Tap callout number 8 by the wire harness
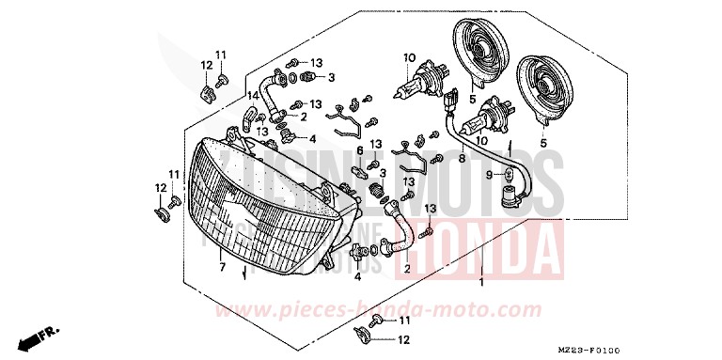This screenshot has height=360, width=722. coord(462,159)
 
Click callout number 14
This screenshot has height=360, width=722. coord(252,96)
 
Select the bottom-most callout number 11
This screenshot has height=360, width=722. coord(405,320)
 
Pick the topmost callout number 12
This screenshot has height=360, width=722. coord(206,65)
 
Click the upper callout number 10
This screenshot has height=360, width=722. coord(409,58)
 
